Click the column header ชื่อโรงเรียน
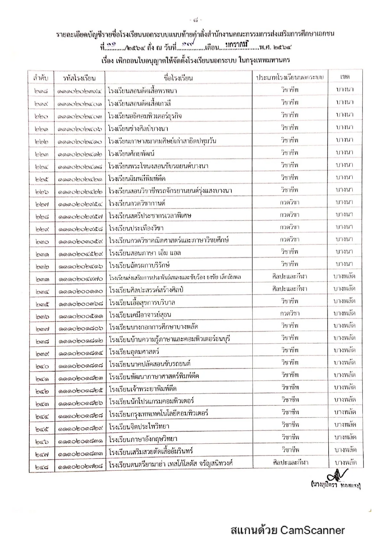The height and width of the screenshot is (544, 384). click(178, 78)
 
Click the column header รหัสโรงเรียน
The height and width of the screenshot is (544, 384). click(79, 78)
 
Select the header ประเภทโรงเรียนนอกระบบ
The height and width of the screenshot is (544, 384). click(290, 77)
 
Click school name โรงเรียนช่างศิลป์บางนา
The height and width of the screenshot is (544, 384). click(138, 128)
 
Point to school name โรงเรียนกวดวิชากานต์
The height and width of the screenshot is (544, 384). click(137, 203)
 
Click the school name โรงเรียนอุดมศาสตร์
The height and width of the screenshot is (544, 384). click(134, 352)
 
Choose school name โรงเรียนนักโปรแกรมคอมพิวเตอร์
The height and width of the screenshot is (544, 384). click(151, 401)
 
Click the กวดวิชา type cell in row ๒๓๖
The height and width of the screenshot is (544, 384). click(290, 313)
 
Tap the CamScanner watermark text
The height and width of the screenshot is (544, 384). click(287, 530)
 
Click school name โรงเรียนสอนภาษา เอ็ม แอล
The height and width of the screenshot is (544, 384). click(145, 253)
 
